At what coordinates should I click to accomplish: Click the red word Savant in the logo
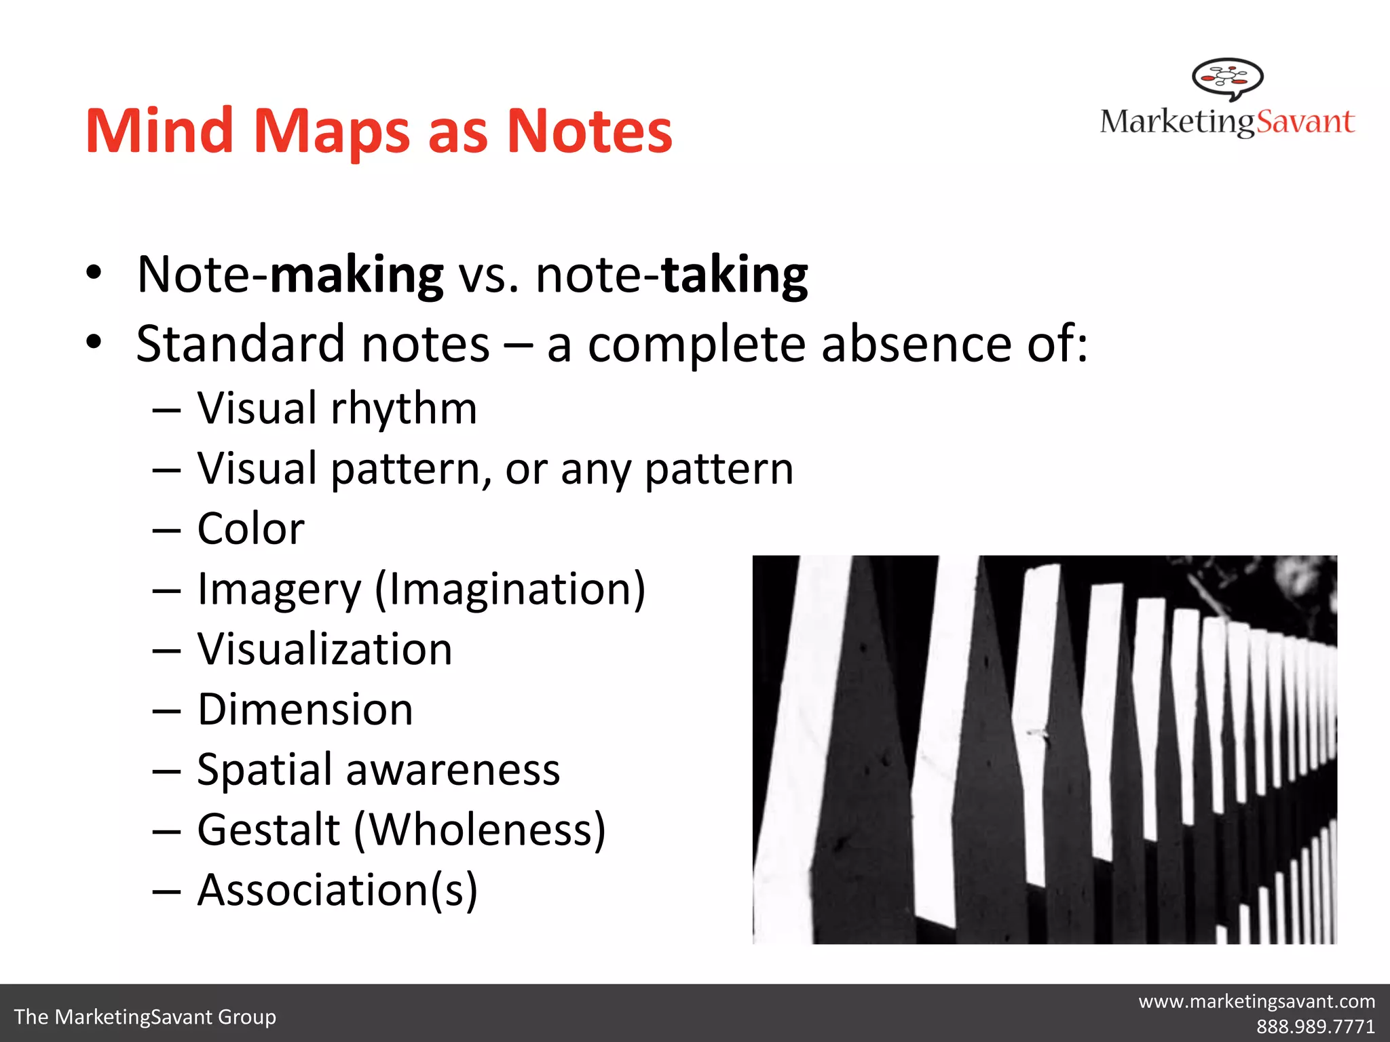pyautogui.click(x=1305, y=122)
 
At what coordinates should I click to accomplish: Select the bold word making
pyautogui.click(x=357, y=275)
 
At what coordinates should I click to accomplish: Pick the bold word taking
pyautogui.click(x=734, y=275)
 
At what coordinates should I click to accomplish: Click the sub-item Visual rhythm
pyautogui.click(x=337, y=408)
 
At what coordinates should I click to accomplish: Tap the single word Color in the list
pyautogui.click(x=250, y=528)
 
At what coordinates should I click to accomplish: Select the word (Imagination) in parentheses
pyautogui.click(x=510, y=589)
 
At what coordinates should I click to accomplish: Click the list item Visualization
pyautogui.click(x=324, y=649)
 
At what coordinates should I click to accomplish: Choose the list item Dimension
pyautogui.click(x=305, y=710)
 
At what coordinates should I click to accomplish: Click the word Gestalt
pyautogui.click(x=269, y=830)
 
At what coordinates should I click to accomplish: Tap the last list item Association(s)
pyautogui.click(x=337, y=890)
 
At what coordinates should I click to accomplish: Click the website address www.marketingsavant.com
pyautogui.click(x=1256, y=1001)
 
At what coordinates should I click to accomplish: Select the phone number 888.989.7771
pyautogui.click(x=1315, y=1026)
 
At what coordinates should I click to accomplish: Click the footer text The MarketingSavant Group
pyautogui.click(x=145, y=1017)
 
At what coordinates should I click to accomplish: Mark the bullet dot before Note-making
pyautogui.click(x=94, y=273)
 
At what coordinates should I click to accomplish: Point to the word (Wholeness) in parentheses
pyautogui.click(x=480, y=830)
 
